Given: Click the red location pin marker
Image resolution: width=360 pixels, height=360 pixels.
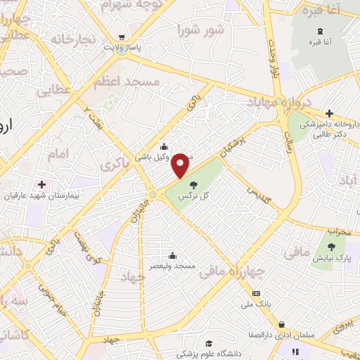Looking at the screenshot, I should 181,165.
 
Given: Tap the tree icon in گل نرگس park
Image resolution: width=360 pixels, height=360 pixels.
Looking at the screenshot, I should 193,184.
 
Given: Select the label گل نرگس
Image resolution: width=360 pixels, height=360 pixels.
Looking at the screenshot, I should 195,195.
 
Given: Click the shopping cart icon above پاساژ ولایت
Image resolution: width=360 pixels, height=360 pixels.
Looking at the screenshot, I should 122,37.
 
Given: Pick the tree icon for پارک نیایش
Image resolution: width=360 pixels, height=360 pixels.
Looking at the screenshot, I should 332,247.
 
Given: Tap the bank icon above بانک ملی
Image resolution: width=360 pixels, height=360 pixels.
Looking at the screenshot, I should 256,293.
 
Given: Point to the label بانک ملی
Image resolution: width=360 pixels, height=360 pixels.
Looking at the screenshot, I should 256,304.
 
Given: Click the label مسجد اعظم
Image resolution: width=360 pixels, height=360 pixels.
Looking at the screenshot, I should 127,82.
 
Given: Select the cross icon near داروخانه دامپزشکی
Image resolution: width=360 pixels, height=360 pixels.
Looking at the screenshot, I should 329,113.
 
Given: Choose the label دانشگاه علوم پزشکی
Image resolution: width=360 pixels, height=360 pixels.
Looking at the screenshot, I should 208,349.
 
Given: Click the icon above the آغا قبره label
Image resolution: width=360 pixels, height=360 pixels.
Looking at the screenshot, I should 321,31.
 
